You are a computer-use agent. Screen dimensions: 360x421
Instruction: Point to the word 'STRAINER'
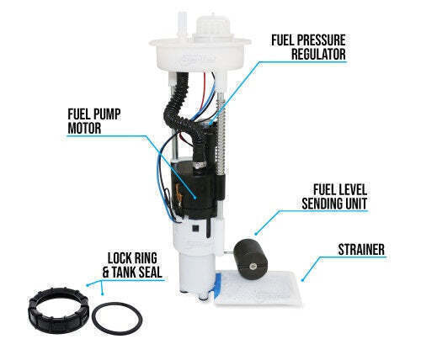point(360,250)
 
